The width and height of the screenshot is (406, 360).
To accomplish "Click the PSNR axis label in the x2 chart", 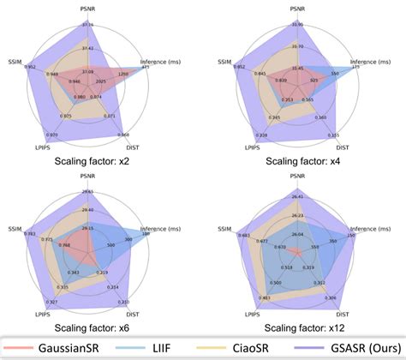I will click(86, 8).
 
